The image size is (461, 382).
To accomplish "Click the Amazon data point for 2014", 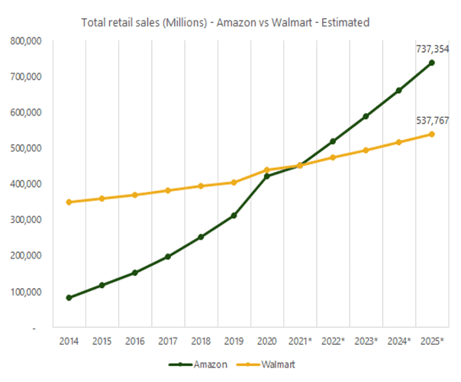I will pyautogui.click(x=69, y=297).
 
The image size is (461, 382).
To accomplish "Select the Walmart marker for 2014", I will pyautogui.click(x=69, y=202).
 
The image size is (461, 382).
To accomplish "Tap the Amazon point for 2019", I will pyautogui.click(x=234, y=215).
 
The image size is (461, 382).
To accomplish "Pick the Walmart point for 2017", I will pyautogui.click(x=168, y=190).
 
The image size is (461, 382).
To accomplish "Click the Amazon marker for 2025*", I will pyautogui.click(x=431, y=63).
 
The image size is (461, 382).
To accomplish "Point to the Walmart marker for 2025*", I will pyautogui.click(x=431, y=134).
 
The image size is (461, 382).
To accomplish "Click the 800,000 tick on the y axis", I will pyautogui.click(x=27, y=40).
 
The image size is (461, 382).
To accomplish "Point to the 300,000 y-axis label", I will pyautogui.click(x=27, y=219).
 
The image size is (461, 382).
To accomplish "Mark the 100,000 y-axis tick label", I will pyautogui.click(x=27, y=291).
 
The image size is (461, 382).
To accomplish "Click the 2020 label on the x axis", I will pyautogui.click(x=266, y=340).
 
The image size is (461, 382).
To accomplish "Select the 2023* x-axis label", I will pyautogui.click(x=366, y=340).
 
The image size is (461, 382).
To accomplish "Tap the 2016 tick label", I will pyautogui.click(x=134, y=340).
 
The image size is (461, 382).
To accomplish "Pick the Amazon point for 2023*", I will pyautogui.click(x=366, y=116).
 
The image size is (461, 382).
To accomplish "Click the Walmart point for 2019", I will pyautogui.click(x=234, y=182).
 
